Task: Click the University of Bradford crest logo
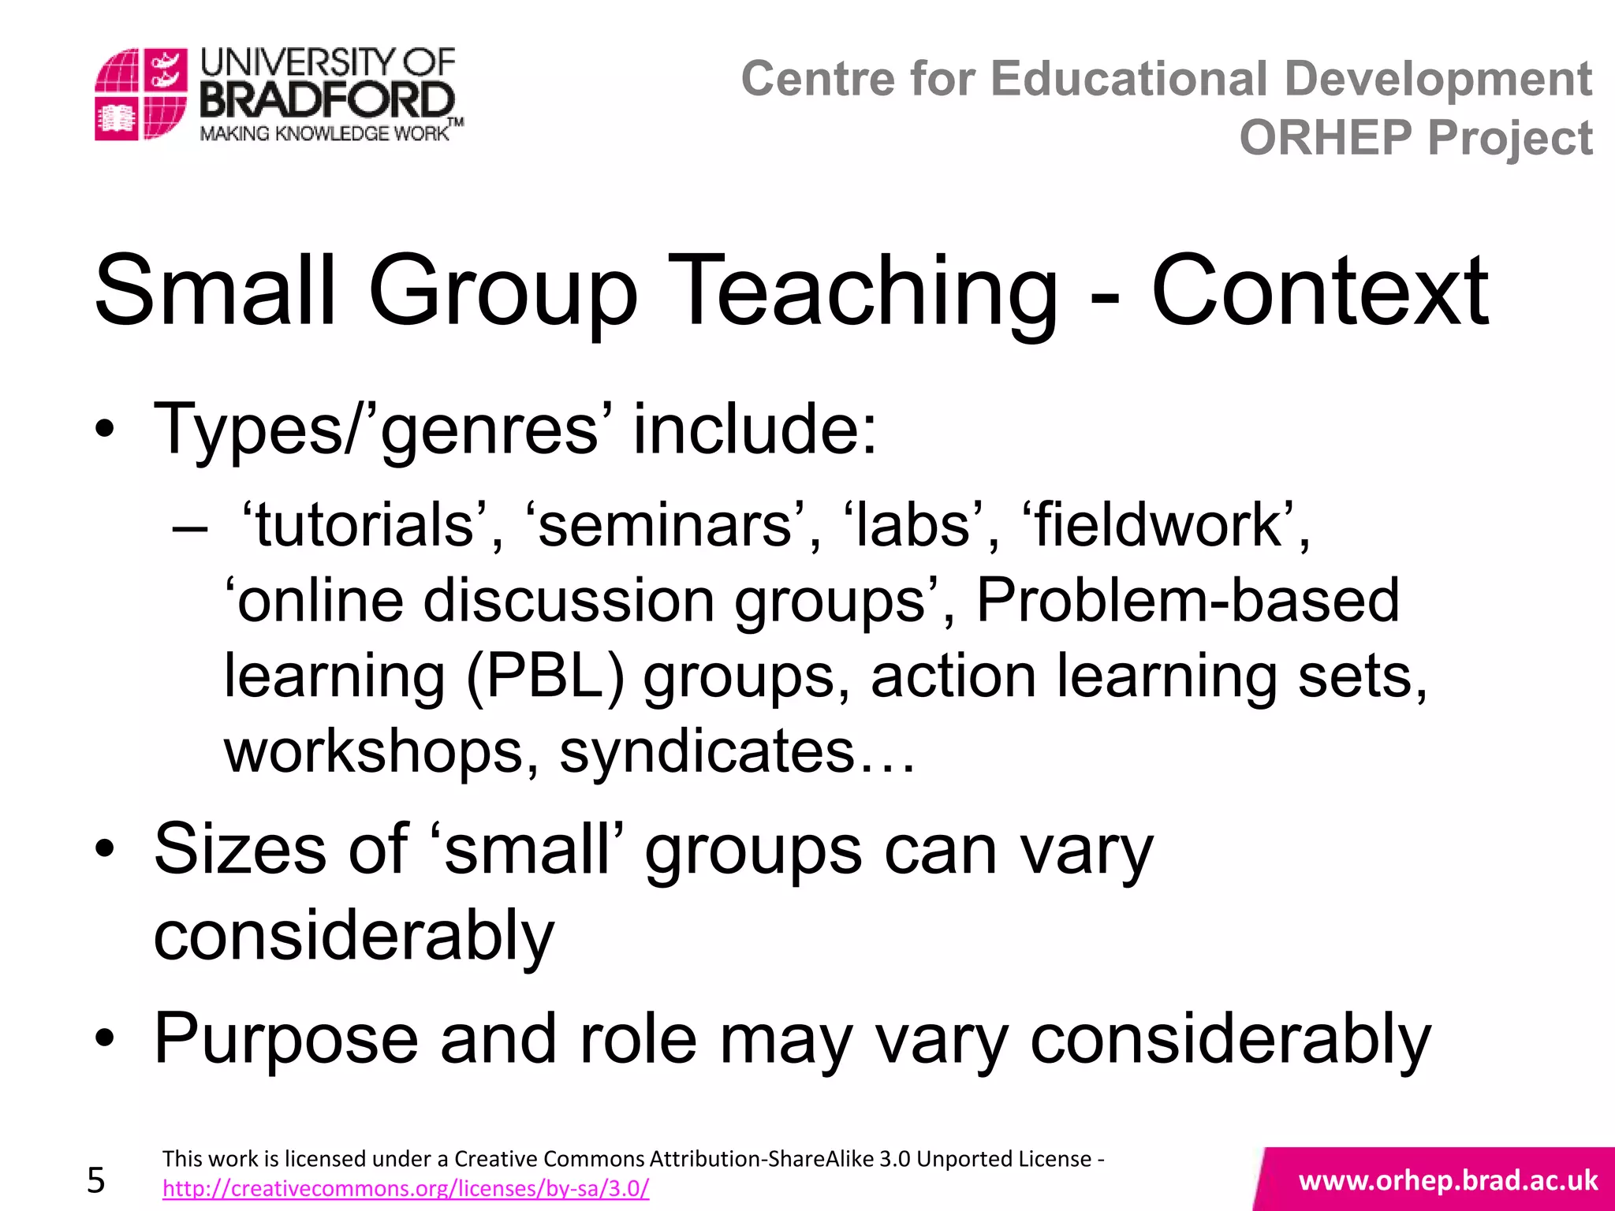click(x=141, y=94)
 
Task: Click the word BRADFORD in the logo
click(x=327, y=102)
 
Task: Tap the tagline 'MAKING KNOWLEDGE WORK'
click(x=324, y=133)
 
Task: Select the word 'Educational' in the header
click(x=1129, y=79)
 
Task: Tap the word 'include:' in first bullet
click(x=755, y=429)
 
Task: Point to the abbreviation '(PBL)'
click(x=545, y=676)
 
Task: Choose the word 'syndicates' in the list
click(x=707, y=751)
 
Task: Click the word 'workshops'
click(x=374, y=751)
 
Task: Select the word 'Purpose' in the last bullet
click(x=285, y=1039)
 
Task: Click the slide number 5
click(x=96, y=1180)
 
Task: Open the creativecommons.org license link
click(x=405, y=1188)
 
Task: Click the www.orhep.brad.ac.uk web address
click(x=1448, y=1180)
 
